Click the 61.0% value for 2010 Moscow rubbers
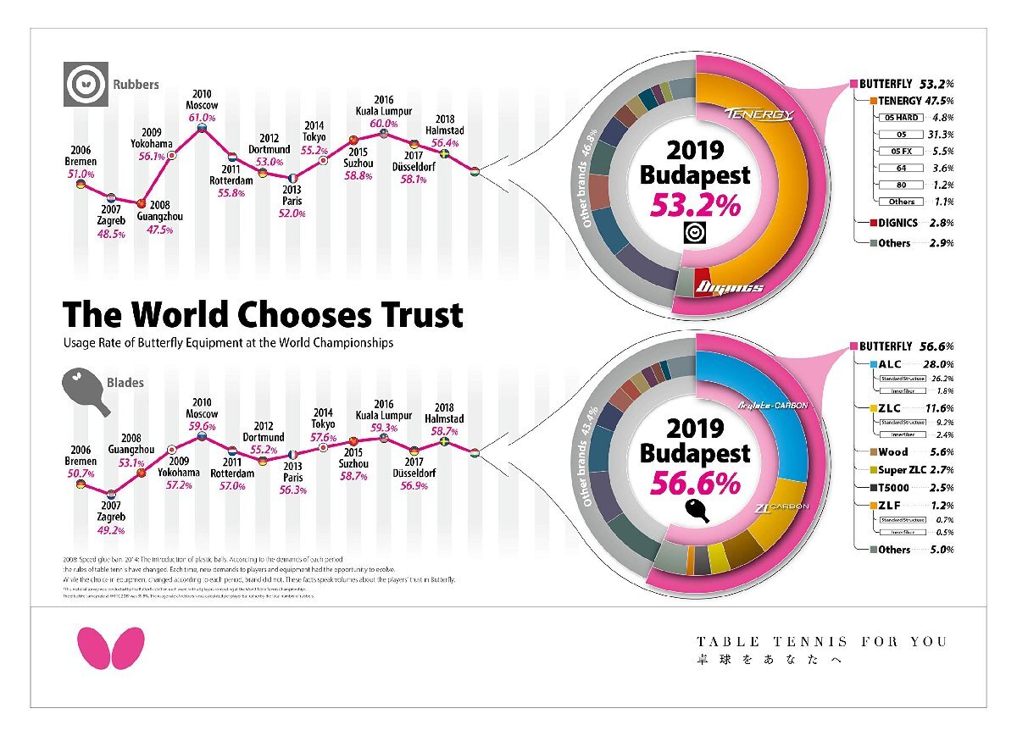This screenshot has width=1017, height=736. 202,117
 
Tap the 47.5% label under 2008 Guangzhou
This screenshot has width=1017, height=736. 159,230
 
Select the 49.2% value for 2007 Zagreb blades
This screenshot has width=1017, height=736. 110,530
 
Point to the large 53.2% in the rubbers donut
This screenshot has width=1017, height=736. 695,205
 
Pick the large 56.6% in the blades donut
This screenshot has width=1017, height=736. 695,484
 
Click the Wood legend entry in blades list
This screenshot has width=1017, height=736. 892,452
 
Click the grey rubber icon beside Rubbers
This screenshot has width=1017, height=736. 85,86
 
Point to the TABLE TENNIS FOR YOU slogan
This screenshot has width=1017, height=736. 820,641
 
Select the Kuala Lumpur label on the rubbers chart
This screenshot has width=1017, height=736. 383,111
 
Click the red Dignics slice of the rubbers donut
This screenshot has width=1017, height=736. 702,280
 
